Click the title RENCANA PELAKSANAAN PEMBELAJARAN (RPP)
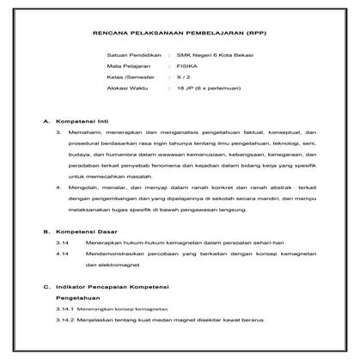(x=180, y=35)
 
